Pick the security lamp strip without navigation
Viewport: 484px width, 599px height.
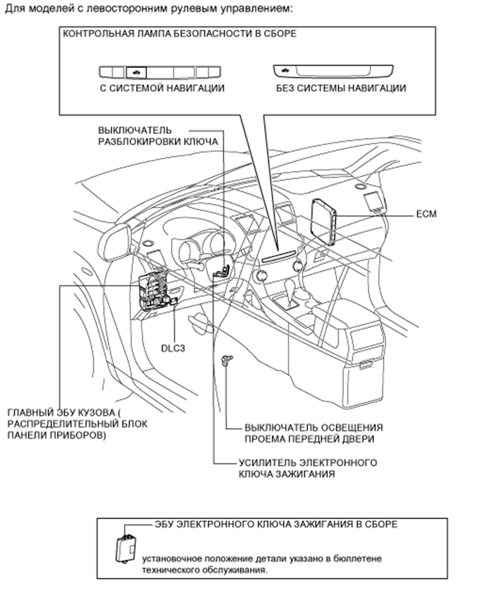pyautogui.click(x=332, y=71)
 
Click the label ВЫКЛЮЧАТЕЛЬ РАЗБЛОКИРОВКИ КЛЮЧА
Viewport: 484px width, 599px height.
pyautogui.click(x=158, y=136)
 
